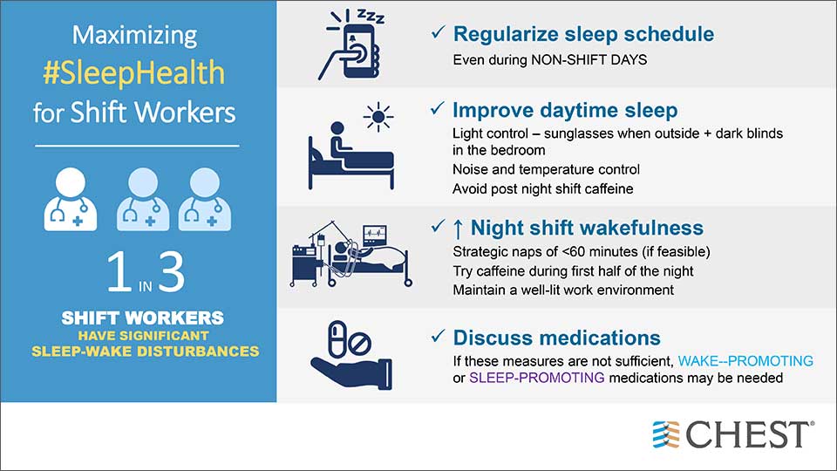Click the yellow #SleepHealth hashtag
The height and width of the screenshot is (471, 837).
pyautogui.click(x=134, y=72)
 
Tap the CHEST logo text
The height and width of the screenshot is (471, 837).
pyautogui.click(x=747, y=434)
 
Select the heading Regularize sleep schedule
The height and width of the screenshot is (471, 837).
pyautogui.click(x=583, y=34)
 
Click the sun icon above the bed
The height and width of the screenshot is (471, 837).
pyautogui.click(x=378, y=117)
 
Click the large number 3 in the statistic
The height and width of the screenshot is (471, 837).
pyautogui.click(x=172, y=272)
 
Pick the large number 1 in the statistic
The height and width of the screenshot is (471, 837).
pyautogui.click(x=119, y=272)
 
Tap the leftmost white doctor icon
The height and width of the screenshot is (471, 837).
pyautogui.click(x=71, y=199)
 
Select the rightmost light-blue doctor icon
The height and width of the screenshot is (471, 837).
pyautogui.click(x=205, y=199)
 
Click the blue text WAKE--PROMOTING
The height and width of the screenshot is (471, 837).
pyautogui.click(x=745, y=361)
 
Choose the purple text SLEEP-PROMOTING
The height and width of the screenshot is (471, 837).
pyautogui.click(x=536, y=378)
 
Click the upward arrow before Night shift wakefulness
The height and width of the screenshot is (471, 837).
pyautogui.click(x=458, y=229)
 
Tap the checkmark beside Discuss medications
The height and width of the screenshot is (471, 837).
pyautogui.click(x=438, y=336)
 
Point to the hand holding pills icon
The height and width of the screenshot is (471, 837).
pyautogui.click(x=350, y=355)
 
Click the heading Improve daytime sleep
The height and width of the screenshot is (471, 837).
pyautogui.click(x=565, y=111)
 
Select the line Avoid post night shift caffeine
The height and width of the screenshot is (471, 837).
pyautogui.click(x=543, y=189)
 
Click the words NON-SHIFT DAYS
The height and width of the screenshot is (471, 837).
pyautogui.click(x=589, y=60)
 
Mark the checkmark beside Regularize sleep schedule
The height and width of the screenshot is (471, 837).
pyautogui.click(x=438, y=32)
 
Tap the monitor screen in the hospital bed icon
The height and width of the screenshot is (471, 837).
pyautogui.click(x=374, y=235)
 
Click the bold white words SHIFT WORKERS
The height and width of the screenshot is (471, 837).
pyautogui.click(x=142, y=318)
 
